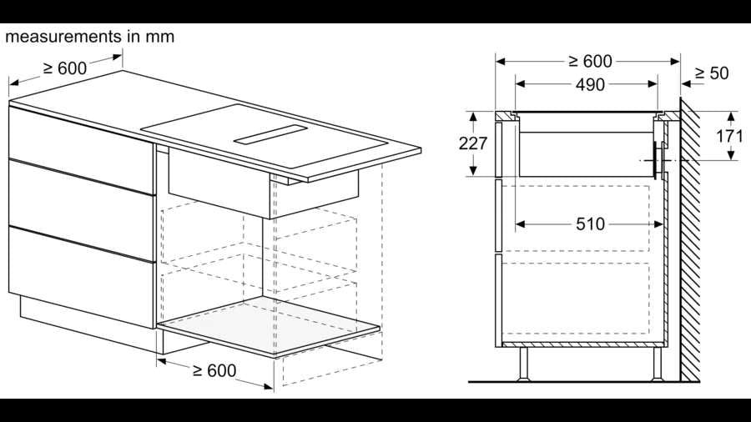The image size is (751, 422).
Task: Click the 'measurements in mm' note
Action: (89, 37)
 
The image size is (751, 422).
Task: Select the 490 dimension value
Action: (590, 85)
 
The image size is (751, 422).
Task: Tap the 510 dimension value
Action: (590, 224)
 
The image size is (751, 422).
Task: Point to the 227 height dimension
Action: (473, 143)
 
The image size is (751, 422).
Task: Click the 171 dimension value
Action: (729, 137)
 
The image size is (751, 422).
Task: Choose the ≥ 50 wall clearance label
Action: (712, 73)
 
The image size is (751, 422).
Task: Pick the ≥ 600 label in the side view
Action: (590, 61)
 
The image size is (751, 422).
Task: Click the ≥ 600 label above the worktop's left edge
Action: (65, 68)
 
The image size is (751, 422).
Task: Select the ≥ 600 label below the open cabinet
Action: (214, 370)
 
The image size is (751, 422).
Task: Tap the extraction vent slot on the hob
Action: (270, 134)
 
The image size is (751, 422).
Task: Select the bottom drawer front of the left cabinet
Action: (82, 277)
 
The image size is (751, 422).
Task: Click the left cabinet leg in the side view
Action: (523, 364)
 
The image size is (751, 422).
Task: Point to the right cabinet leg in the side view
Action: (658, 364)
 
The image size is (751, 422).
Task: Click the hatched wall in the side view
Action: (690, 239)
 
